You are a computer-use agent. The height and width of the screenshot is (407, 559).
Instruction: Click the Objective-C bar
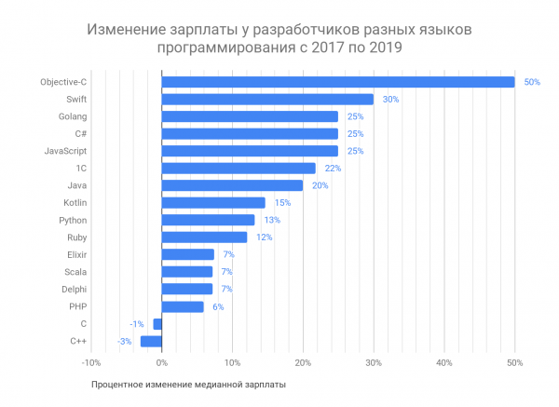(x=337, y=82)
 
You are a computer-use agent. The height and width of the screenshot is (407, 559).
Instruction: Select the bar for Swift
(x=267, y=99)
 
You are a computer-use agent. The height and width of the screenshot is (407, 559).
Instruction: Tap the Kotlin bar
(x=213, y=202)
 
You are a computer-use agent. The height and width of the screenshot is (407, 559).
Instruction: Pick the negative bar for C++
(x=151, y=341)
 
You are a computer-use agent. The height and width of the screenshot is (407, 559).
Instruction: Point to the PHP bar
(x=183, y=306)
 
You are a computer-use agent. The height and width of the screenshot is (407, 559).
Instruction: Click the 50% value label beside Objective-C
(x=532, y=82)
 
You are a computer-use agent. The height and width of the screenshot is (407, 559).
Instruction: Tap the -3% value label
(x=125, y=341)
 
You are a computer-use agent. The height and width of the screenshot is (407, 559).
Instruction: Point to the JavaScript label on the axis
(x=66, y=151)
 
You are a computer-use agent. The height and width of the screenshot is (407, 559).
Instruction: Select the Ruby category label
(x=77, y=237)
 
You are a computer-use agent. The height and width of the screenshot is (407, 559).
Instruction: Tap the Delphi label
(x=75, y=289)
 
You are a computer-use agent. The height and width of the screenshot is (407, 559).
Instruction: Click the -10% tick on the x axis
(x=90, y=362)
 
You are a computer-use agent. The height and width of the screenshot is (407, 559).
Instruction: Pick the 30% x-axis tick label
(x=373, y=362)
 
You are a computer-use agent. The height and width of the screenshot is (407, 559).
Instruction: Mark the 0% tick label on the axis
(x=161, y=362)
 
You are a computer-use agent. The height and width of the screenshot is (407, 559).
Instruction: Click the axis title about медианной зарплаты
(x=189, y=384)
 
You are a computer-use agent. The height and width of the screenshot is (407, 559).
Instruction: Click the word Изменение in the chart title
(x=127, y=30)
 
